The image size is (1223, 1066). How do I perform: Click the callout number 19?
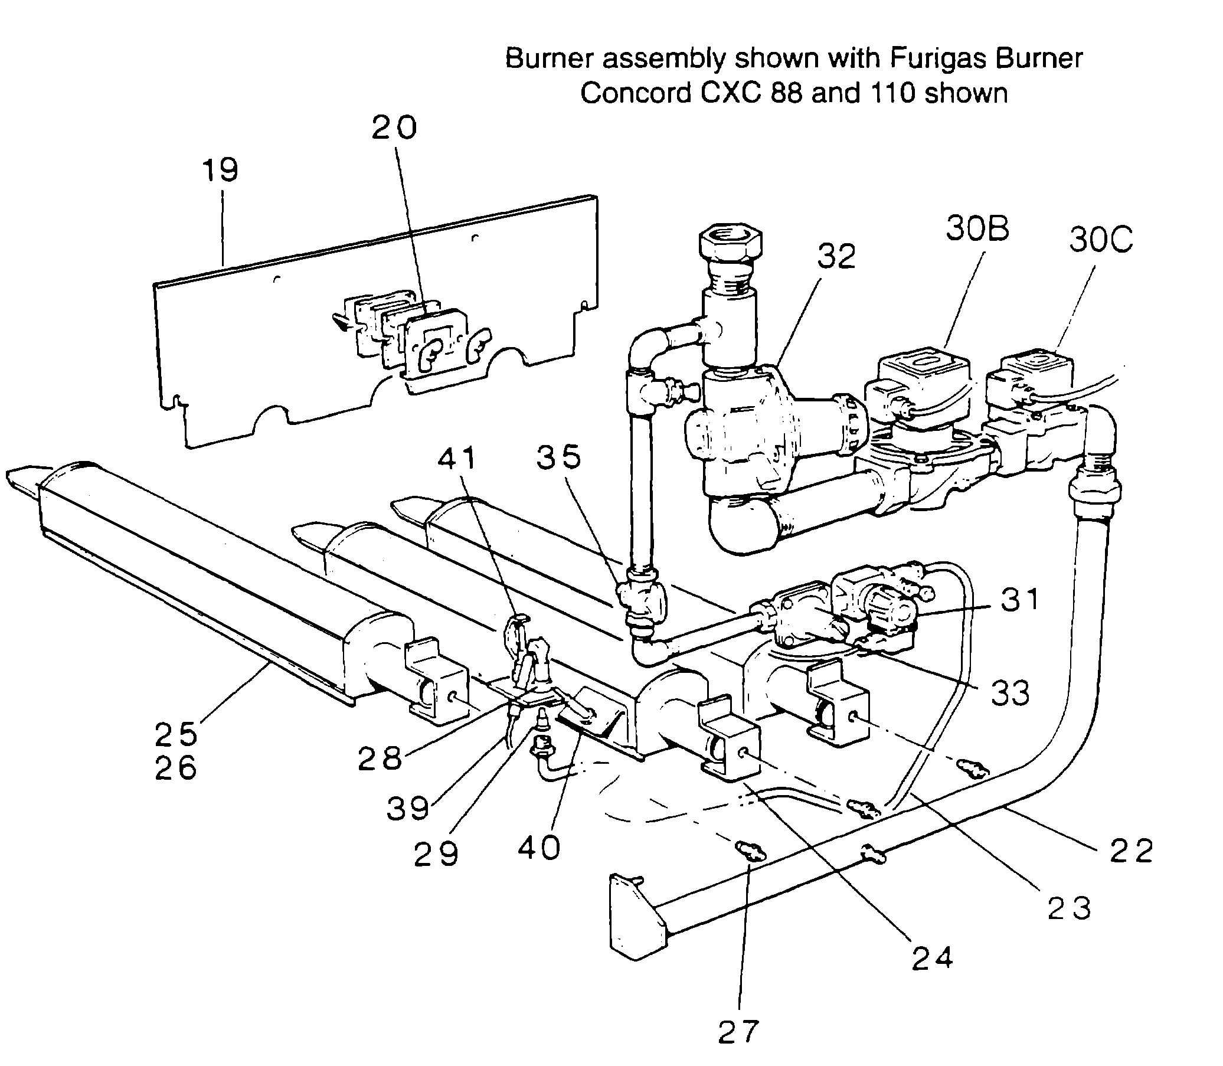click(x=220, y=170)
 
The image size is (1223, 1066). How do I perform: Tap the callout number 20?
click(x=394, y=128)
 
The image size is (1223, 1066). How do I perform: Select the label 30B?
click(x=977, y=229)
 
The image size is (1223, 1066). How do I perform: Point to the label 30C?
click(x=1101, y=240)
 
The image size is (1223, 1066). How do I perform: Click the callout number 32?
click(x=836, y=256)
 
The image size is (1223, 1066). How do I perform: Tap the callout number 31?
click(x=1019, y=600)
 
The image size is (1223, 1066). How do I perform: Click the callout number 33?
click(x=1011, y=693)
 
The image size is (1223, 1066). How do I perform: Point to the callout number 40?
click(x=539, y=848)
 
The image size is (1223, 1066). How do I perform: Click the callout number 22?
click(x=1132, y=851)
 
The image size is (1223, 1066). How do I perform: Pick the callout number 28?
click(x=380, y=758)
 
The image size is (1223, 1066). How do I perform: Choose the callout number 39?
click(x=408, y=809)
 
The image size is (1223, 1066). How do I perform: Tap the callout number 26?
click(x=175, y=768)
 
